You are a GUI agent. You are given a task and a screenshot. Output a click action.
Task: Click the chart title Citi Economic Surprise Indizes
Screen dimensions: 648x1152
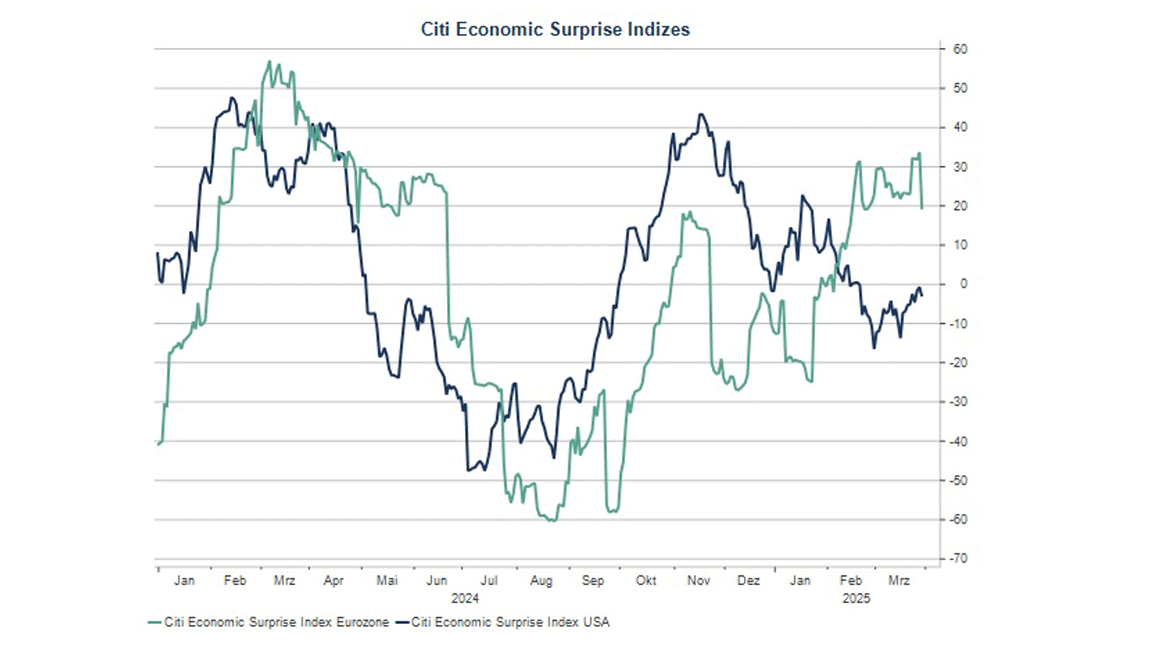pyautogui.click(x=555, y=30)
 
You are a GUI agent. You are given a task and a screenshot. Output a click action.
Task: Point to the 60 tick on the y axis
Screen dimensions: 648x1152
pyautogui.click(x=960, y=49)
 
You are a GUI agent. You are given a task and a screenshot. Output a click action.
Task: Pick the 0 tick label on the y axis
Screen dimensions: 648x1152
pyautogui.click(x=963, y=284)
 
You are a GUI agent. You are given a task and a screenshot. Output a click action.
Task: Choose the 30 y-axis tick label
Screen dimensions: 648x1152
pyautogui.click(x=960, y=167)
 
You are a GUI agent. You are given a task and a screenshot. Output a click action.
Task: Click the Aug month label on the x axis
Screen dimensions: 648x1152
pyautogui.click(x=541, y=580)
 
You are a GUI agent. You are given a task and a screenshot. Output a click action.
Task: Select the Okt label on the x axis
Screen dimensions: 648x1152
pyautogui.click(x=646, y=580)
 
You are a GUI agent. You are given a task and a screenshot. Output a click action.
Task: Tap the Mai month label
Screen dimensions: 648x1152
pyautogui.click(x=387, y=580)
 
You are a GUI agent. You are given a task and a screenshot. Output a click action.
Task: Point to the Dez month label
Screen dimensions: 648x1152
pyautogui.click(x=748, y=580)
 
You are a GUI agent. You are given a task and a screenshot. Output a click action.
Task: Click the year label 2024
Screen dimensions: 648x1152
pyautogui.click(x=465, y=598)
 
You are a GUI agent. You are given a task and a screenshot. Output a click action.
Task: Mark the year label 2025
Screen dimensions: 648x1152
pyautogui.click(x=856, y=598)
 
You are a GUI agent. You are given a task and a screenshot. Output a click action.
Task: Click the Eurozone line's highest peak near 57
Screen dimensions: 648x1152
pyautogui.click(x=269, y=61)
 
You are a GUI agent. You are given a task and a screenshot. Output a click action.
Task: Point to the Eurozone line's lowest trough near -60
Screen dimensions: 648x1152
pyautogui.click(x=554, y=521)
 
